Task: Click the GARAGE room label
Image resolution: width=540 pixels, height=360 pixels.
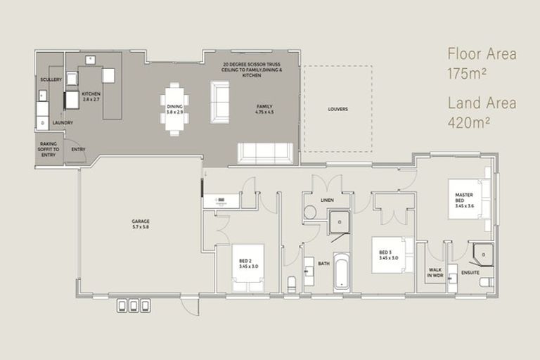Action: pyautogui.click(x=140, y=224)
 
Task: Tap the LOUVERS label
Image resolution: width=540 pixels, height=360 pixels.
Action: pyautogui.click(x=337, y=109)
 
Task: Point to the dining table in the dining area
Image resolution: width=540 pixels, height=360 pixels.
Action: pyautogui.click(x=174, y=109)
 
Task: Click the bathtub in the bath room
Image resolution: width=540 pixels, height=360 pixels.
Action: pyautogui.click(x=342, y=271)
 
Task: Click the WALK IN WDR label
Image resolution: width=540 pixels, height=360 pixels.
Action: pyautogui.click(x=434, y=273)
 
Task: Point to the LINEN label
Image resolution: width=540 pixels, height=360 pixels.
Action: pyautogui.click(x=326, y=200)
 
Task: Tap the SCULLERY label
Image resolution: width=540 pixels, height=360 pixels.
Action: pyautogui.click(x=51, y=79)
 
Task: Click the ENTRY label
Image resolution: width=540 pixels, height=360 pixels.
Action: pyautogui.click(x=77, y=149)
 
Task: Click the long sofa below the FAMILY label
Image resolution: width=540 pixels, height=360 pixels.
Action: pyautogui.click(x=266, y=153)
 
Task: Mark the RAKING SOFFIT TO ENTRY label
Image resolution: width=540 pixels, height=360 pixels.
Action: pyautogui.click(x=49, y=149)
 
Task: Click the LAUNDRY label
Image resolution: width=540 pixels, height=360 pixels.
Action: pyautogui.click(x=62, y=123)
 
